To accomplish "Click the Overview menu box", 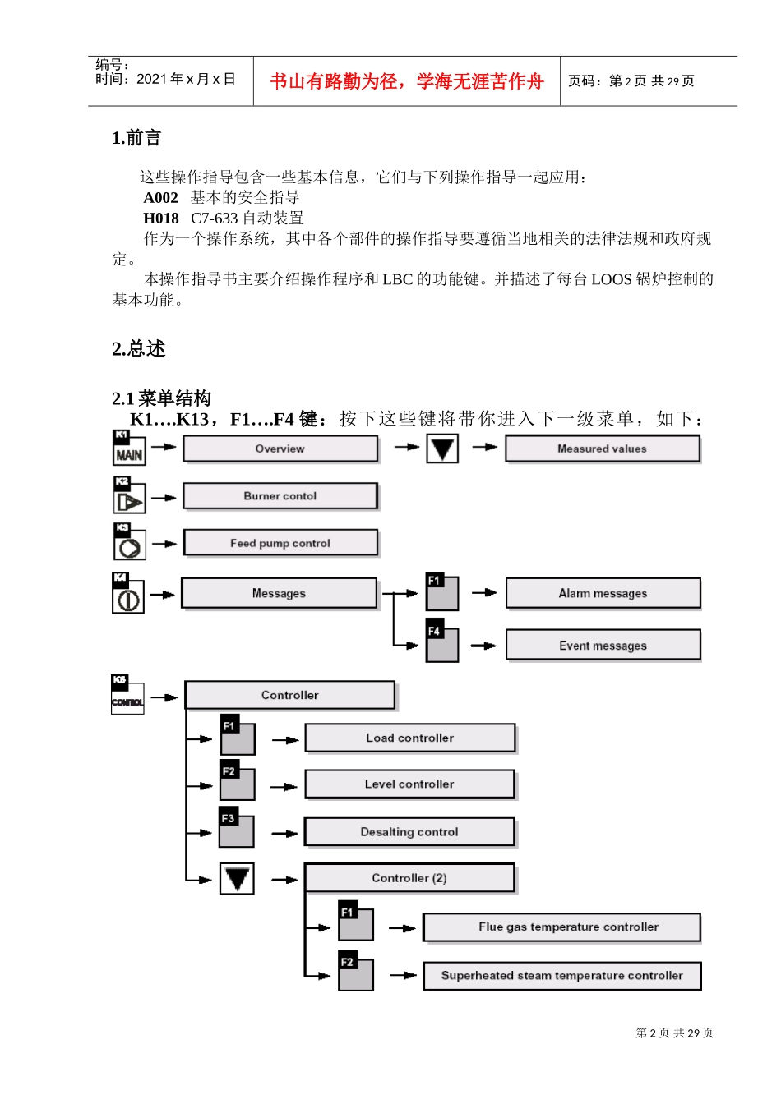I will [280, 448].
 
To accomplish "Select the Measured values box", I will [602, 448].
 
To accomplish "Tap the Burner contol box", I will [280, 496].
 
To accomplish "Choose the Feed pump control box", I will [280, 543].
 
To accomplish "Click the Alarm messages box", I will [603, 593].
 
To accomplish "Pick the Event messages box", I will [603, 646].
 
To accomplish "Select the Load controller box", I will [409, 738].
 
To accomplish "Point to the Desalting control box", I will [409, 831].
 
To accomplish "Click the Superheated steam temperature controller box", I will [561, 976].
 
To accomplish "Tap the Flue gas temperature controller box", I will [561, 927].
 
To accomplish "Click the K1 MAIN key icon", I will [129, 448].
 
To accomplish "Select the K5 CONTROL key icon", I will [127, 695].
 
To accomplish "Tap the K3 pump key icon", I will [129, 543].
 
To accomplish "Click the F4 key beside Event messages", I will [442, 644].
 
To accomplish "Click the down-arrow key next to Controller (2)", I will [237, 878].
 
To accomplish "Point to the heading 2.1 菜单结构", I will [162, 398].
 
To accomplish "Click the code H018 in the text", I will [160, 218].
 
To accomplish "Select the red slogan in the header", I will [407, 81].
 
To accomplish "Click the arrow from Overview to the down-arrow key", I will [406, 448].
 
